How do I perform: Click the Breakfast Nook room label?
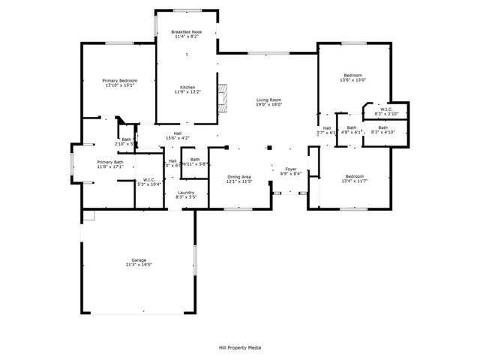click(187, 32)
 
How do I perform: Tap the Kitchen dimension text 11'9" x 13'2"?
click(187, 93)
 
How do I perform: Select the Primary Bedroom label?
click(120, 80)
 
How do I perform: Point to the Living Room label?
click(268, 100)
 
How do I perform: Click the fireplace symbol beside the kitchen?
click(222, 98)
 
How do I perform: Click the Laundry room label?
click(186, 192)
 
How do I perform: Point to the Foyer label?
click(290, 169)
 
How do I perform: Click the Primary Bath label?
click(109, 161)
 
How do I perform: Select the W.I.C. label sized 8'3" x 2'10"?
click(388, 109)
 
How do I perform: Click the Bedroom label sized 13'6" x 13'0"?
click(353, 75)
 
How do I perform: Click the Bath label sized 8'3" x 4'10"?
click(383, 127)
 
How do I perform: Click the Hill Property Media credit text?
click(240, 347)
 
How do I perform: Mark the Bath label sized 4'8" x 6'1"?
click(352, 127)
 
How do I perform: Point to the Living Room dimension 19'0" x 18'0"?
click(268, 105)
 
